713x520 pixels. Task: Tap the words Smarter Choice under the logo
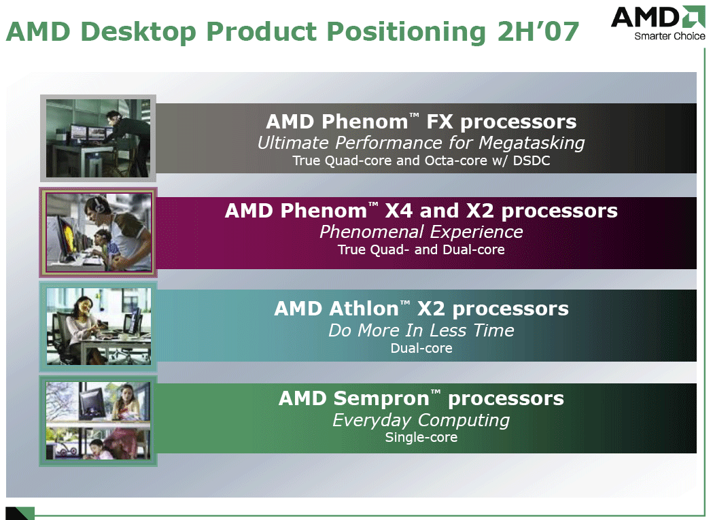(669, 37)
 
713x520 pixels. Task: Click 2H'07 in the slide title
(538, 31)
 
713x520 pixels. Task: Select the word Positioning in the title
(406, 33)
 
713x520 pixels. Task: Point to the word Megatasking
(532, 143)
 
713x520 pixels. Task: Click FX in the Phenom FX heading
(439, 122)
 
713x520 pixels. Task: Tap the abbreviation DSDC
(531, 160)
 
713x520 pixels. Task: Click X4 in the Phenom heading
(399, 211)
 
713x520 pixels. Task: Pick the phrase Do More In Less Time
(421, 330)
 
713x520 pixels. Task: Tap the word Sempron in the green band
(381, 398)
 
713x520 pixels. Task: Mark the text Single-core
(421, 437)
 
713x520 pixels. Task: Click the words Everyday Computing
(421, 420)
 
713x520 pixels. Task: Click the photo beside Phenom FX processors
(99, 138)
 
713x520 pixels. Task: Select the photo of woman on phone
(99, 326)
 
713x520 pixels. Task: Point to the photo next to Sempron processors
(99, 420)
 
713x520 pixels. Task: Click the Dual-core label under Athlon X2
(421, 349)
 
